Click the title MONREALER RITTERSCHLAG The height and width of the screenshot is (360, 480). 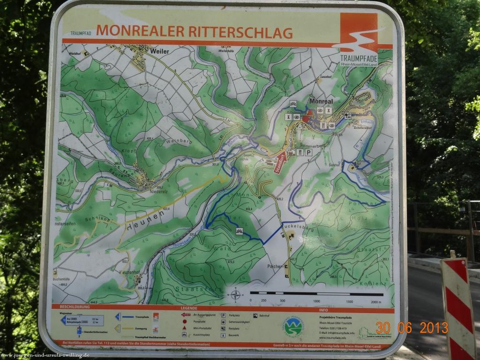tap(194, 32)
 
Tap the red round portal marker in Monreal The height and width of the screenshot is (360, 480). tap(306, 119)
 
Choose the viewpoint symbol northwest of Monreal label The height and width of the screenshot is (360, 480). tap(293, 104)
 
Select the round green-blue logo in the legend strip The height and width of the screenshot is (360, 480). tap(293, 326)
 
